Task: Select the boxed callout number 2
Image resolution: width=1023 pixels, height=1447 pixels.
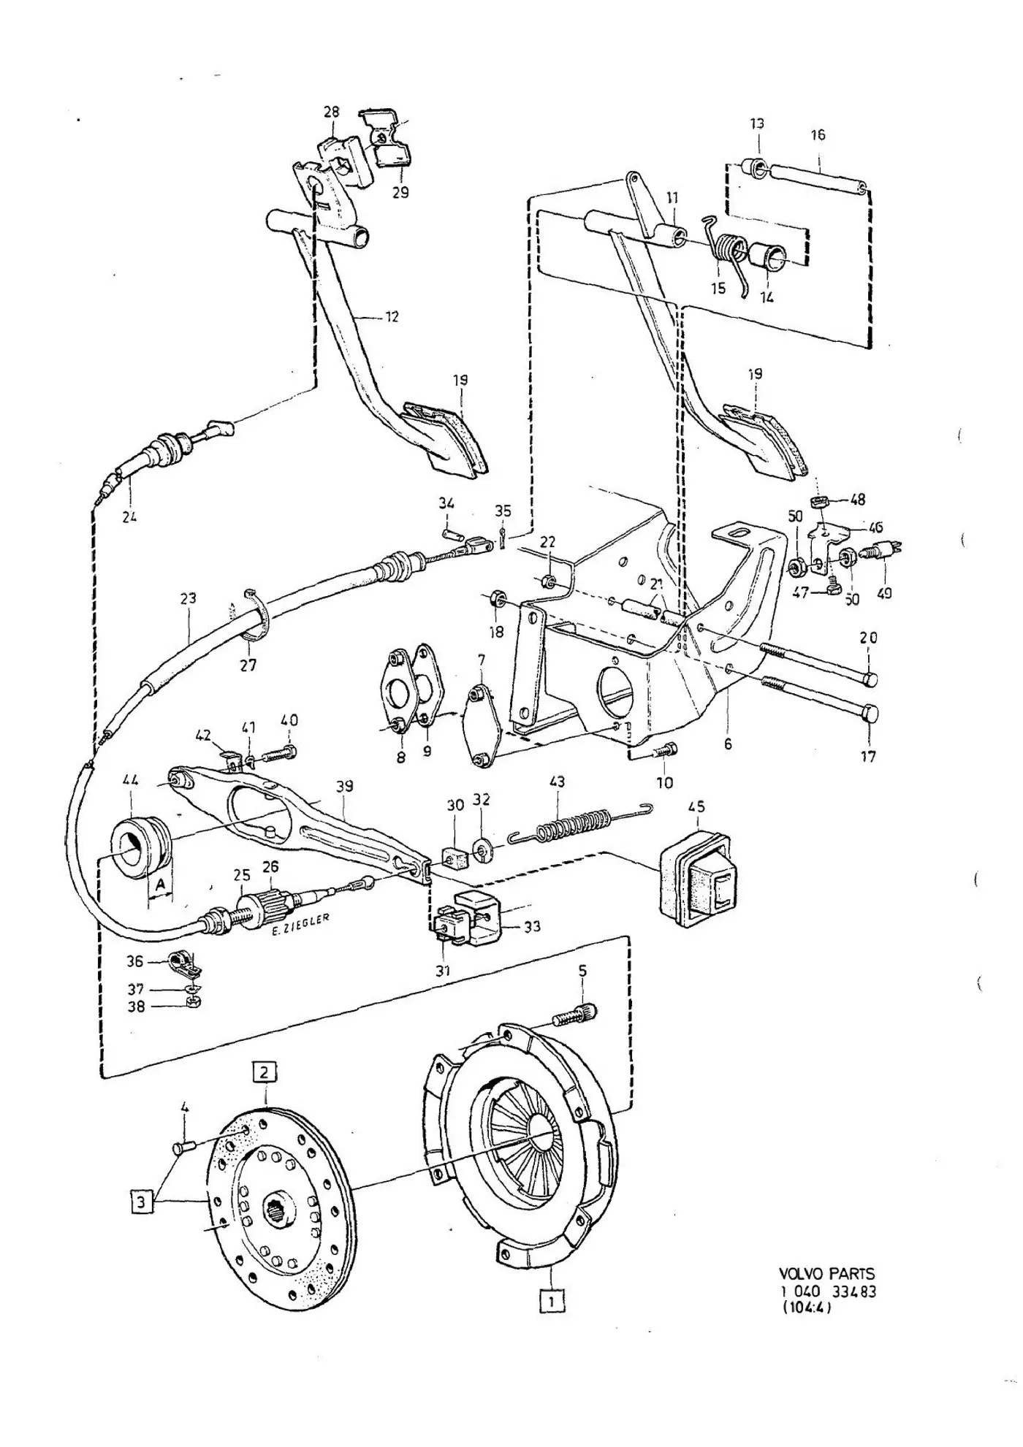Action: [265, 1072]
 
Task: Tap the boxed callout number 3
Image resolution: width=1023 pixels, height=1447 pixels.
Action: [142, 1201]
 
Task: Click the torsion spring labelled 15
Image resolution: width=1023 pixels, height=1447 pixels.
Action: [730, 255]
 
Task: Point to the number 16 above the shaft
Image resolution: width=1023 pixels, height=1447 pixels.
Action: [818, 134]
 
